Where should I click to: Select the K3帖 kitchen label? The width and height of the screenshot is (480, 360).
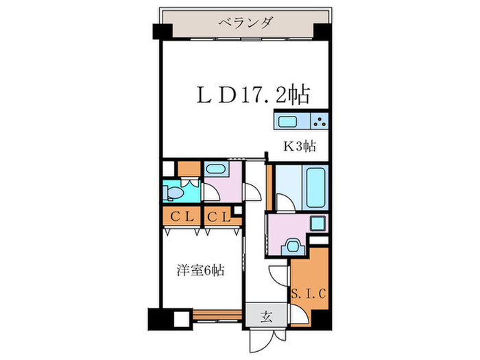coord(300,145)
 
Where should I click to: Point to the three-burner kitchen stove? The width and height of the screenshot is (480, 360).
coord(319,122)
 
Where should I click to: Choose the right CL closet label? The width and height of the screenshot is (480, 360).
coord(218,217)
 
